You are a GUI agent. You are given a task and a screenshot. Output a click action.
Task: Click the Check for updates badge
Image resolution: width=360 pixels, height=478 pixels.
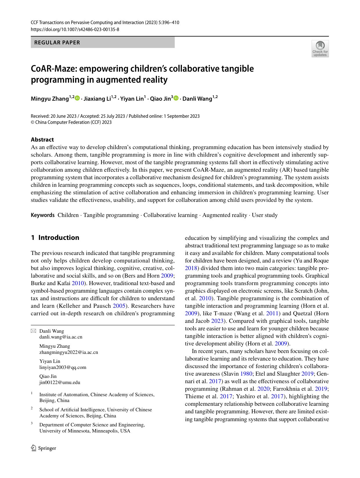[x=320, y=48]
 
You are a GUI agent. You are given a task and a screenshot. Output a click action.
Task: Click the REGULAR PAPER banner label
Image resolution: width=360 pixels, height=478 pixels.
[x=57, y=42]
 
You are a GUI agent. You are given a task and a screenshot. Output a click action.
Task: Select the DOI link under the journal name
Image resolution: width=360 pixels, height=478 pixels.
[x=75, y=29]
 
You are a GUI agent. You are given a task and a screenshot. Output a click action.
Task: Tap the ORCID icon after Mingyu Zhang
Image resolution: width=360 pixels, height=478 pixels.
[x=77, y=98]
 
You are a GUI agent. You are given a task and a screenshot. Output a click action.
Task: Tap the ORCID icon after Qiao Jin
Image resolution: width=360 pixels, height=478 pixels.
[x=176, y=98]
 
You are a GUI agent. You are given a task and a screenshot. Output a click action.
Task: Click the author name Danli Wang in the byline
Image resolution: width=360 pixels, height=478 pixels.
[x=197, y=99]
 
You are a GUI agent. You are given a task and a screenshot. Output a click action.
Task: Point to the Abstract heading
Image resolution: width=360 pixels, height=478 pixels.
[x=42, y=140]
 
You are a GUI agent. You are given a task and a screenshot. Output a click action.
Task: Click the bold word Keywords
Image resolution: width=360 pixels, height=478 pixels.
[x=43, y=215]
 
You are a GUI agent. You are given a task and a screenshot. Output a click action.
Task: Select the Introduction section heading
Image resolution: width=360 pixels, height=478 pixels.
[x=59, y=238]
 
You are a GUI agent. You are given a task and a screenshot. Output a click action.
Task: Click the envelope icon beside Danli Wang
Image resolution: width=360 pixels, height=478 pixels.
[x=33, y=331]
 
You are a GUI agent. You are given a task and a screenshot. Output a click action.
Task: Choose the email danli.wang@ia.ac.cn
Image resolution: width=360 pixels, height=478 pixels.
[x=61, y=337]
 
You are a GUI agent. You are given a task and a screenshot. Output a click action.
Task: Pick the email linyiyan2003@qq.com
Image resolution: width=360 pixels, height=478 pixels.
[x=63, y=367]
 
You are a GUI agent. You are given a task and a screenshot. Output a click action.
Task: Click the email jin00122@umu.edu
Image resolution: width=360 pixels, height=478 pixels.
[x=60, y=382]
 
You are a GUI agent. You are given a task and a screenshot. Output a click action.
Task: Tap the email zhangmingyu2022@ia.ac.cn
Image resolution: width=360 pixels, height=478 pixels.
[x=68, y=352]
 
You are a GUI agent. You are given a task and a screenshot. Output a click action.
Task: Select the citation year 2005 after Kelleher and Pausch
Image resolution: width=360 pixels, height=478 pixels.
[x=119, y=306]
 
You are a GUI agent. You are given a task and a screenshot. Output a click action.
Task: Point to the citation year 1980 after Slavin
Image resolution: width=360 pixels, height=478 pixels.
[x=246, y=374]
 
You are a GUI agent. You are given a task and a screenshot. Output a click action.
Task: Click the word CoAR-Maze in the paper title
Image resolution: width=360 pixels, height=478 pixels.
[x=54, y=68]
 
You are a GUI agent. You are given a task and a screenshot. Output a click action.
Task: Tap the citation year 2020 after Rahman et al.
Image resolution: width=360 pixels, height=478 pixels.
[x=263, y=389]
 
